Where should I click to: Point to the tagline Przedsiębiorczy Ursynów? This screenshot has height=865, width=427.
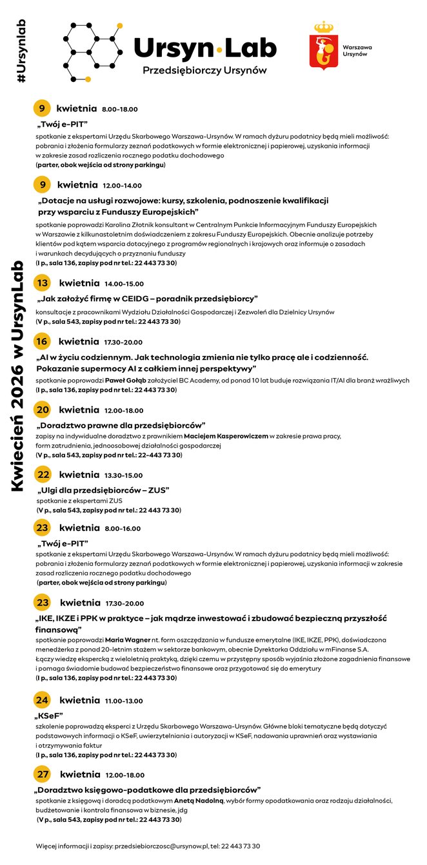click(x=204, y=69)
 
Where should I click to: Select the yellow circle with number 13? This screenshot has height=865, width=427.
click(x=43, y=283)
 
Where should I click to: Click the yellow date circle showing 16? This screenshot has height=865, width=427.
click(x=42, y=342)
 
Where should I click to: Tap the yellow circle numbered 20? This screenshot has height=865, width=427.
click(x=43, y=410)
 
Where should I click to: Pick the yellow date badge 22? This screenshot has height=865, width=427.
click(x=43, y=475)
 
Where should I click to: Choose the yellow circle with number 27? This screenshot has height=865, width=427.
click(x=43, y=774)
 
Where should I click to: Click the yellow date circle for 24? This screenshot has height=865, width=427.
click(x=42, y=700)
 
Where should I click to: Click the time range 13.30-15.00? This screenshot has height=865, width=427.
click(x=124, y=475)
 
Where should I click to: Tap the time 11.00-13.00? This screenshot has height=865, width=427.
click(x=124, y=701)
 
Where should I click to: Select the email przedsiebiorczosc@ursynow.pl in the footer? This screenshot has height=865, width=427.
click(x=150, y=846)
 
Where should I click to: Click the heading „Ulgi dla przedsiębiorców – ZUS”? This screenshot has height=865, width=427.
click(x=103, y=490)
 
